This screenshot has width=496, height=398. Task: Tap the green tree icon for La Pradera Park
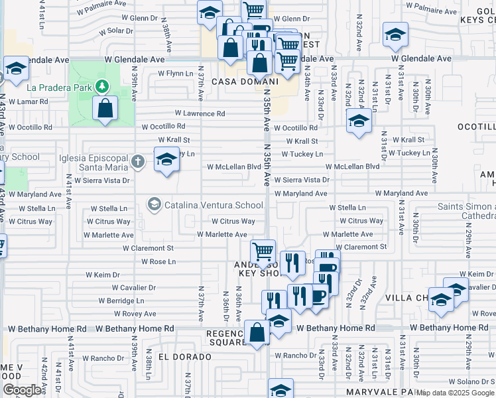tap(101, 86)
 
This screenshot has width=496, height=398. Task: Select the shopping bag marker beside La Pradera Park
tap(105, 109)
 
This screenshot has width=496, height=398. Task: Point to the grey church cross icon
tap(137, 161)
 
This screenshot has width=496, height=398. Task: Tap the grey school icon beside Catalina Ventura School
tap(155, 204)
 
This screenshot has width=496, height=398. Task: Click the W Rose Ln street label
tap(158, 261)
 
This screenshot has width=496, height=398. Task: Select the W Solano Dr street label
tap(471, 381)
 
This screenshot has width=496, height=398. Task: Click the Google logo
tap(22, 389)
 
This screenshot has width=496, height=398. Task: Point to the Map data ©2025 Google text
tap(455, 393)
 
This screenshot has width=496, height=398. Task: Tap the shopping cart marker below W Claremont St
tap(263, 252)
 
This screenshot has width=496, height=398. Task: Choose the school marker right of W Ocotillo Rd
tap(359, 121)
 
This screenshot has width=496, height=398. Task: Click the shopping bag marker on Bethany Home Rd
tap(256, 333)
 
